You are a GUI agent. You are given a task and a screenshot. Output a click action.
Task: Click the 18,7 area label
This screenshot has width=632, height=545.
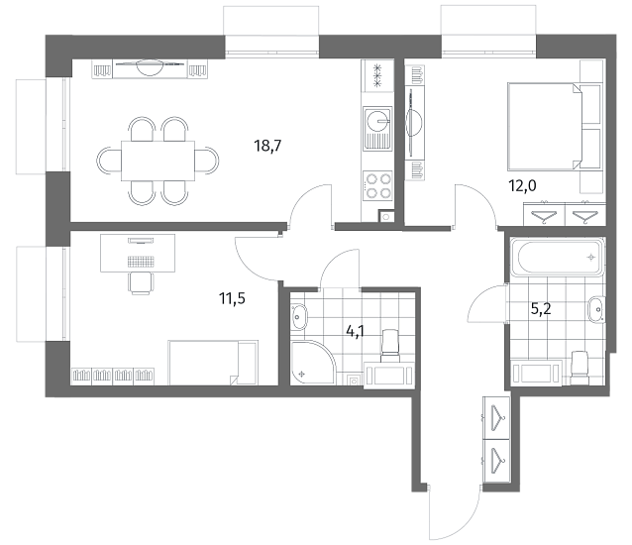(x=267, y=145)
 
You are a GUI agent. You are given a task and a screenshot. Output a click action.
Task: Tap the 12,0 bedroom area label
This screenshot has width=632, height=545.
(x=522, y=186)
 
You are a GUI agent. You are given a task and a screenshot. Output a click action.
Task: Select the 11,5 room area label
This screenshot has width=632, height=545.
(x=232, y=298)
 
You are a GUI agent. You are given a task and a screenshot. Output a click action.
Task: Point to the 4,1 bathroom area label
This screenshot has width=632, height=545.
(x=356, y=331)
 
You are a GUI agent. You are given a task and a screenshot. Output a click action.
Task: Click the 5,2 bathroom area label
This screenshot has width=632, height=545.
(x=541, y=309)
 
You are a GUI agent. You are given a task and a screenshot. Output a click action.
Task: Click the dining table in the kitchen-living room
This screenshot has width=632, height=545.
(x=158, y=161)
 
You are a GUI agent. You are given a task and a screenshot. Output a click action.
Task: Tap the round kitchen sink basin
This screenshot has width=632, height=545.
(x=377, y=120)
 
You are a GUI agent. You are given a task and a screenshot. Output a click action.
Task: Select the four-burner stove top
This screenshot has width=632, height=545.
(x=377, y=185)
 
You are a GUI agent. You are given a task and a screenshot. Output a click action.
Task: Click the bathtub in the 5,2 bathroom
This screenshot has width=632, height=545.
(x=558, y=257)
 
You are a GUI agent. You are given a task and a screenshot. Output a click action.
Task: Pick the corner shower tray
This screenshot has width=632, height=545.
(x=313, y=363)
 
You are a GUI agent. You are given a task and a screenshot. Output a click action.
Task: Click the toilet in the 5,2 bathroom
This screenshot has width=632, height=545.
(x=579, y=368)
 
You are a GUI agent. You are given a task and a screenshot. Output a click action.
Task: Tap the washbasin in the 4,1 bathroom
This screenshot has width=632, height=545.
(x=299, y=316)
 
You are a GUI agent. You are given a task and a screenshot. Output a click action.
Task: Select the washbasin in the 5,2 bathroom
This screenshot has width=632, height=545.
(x=596, y=309)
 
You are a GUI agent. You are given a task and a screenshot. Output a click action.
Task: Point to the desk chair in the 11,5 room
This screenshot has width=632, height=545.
(x=141, y=283)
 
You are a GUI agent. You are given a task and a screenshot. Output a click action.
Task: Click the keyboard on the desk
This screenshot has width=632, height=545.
(x=141, y=262)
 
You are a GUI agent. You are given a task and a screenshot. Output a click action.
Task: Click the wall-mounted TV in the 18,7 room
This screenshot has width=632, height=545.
(x=151, y=63)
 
